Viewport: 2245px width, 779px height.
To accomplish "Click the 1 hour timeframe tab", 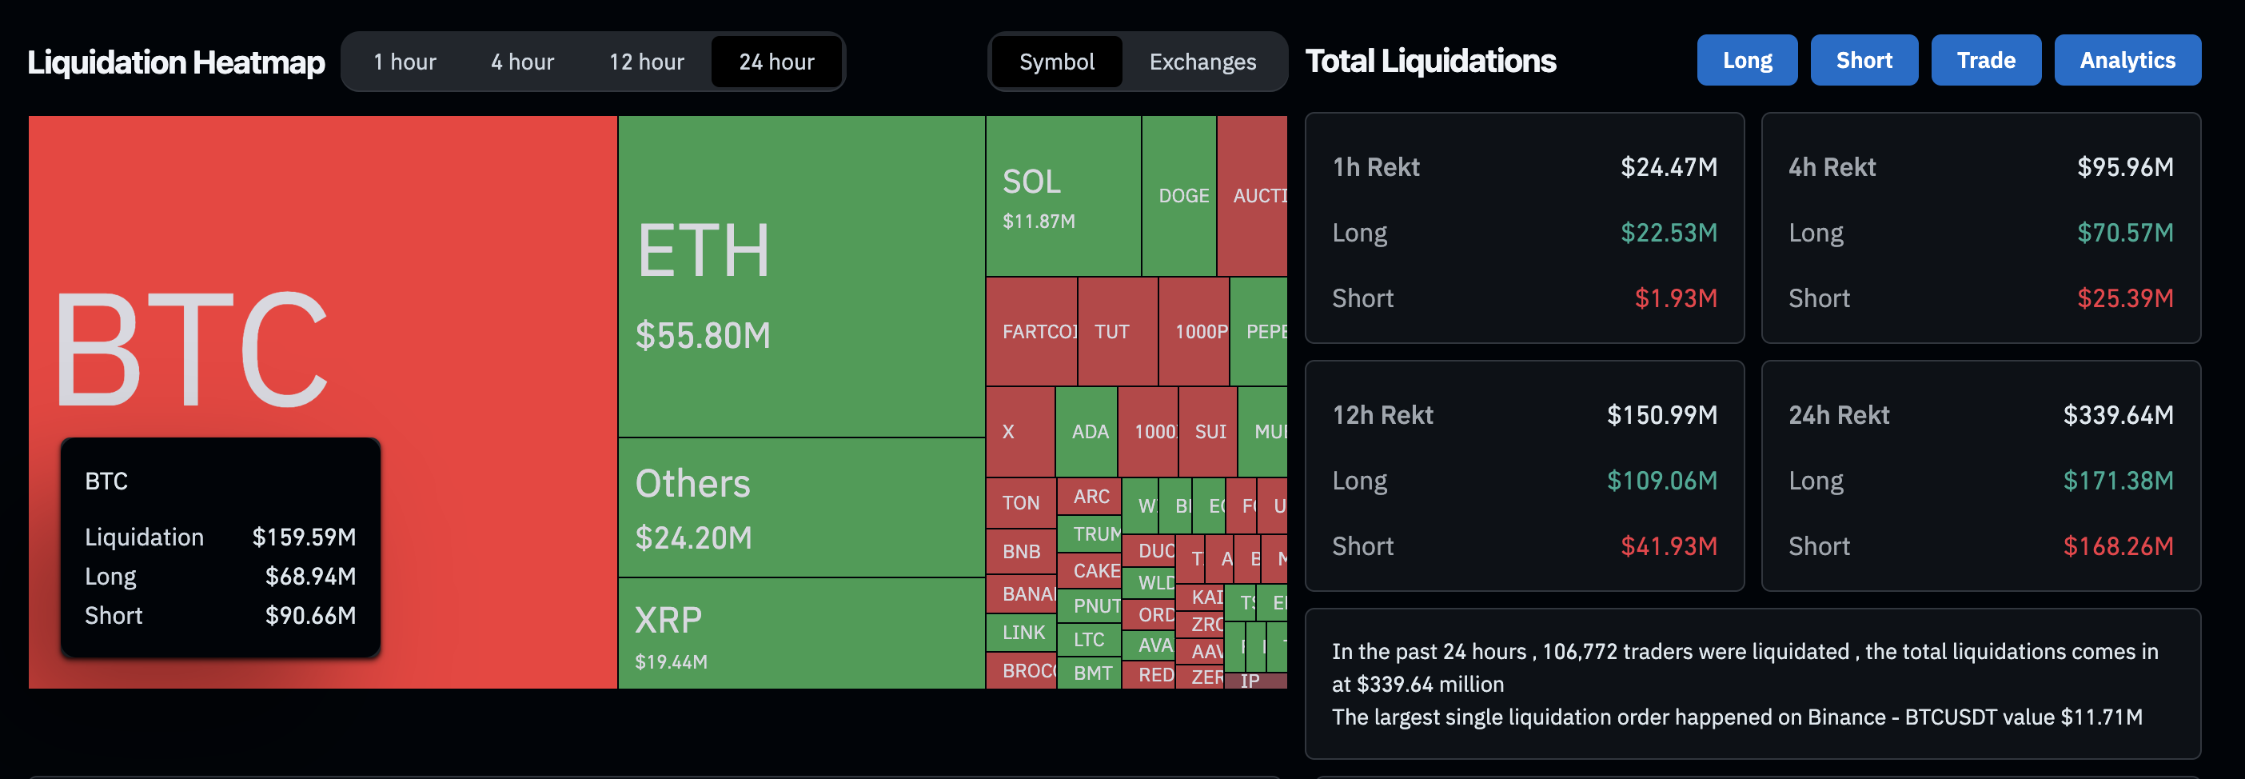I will click(405, 62).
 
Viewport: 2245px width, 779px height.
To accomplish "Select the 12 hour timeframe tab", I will click(646, 62).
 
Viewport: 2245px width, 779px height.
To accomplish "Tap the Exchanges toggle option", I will click(1202, 62).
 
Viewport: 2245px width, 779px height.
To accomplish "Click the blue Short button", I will click(1864, 60).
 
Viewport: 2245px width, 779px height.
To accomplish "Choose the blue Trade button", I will click(1985, 60).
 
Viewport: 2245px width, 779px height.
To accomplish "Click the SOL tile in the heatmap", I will click(1062, 196).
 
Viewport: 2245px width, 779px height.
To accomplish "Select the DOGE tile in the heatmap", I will click(1182, 196).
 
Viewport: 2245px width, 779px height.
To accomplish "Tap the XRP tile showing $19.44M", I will click(800, 633).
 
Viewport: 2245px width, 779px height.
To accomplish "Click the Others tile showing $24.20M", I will click(800, 507).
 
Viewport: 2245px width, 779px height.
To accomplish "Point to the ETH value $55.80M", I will click(703, 335).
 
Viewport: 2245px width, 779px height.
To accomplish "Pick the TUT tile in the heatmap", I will click(1115, 332).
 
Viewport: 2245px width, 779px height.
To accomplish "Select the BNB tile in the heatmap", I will click(1020, 552).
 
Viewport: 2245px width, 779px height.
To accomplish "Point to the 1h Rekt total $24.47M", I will click(1668, 167).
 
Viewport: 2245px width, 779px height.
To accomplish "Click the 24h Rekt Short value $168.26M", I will click(2117, 546).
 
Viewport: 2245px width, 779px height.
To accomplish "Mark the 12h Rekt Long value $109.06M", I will click(1661, 481).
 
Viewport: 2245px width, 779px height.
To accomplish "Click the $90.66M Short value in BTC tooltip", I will click(310, 616).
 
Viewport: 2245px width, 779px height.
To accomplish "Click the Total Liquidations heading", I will click(1430, 61).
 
